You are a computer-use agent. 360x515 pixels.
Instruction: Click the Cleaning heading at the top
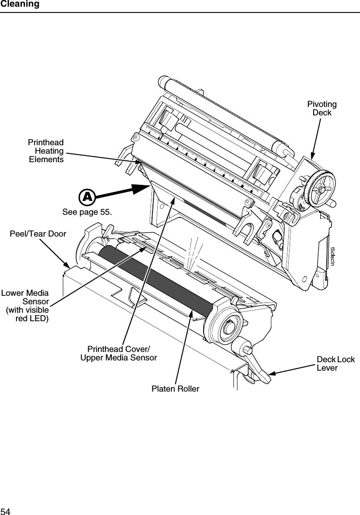20,4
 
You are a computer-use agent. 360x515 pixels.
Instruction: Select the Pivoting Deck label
322,108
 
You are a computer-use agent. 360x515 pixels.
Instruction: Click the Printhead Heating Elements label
46,151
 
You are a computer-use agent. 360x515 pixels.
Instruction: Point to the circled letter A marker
87,196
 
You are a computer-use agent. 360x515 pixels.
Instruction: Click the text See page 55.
87,212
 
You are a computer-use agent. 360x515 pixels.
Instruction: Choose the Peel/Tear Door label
38,234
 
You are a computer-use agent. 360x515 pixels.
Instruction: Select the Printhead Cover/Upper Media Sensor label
119,353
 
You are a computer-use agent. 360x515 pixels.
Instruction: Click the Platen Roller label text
175,389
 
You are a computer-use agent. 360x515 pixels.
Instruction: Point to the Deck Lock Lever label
335,364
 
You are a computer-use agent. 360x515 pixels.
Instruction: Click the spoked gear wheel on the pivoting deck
320,188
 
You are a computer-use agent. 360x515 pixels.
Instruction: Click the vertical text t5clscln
331,256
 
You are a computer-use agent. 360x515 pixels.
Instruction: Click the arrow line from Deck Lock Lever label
294,370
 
